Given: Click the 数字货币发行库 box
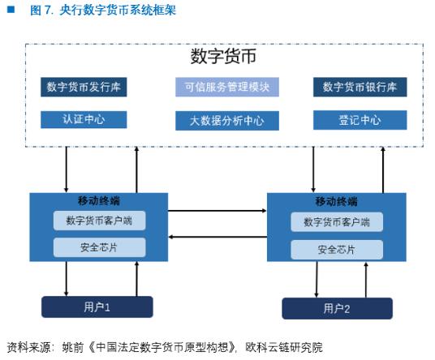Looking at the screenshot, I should point(85,88).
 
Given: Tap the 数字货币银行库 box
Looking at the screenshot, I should point(359,88).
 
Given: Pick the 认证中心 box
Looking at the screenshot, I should point(84,120).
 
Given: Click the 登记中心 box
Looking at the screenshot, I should point(359,121).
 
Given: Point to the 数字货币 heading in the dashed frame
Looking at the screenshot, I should point(222,57).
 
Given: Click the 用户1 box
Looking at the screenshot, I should point(97,306).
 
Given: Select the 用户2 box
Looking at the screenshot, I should point(336,308).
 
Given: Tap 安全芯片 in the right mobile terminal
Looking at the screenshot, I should point(336,249).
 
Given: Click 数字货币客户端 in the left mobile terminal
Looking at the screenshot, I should point(99,221).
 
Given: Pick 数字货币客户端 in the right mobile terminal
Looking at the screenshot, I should point(336,222).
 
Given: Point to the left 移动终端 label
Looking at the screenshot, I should point(98,201).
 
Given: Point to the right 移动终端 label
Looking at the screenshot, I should point(335,202).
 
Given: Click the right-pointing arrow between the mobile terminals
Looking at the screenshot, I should point(217,211).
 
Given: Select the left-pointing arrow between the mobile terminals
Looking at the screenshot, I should point(217,237).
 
